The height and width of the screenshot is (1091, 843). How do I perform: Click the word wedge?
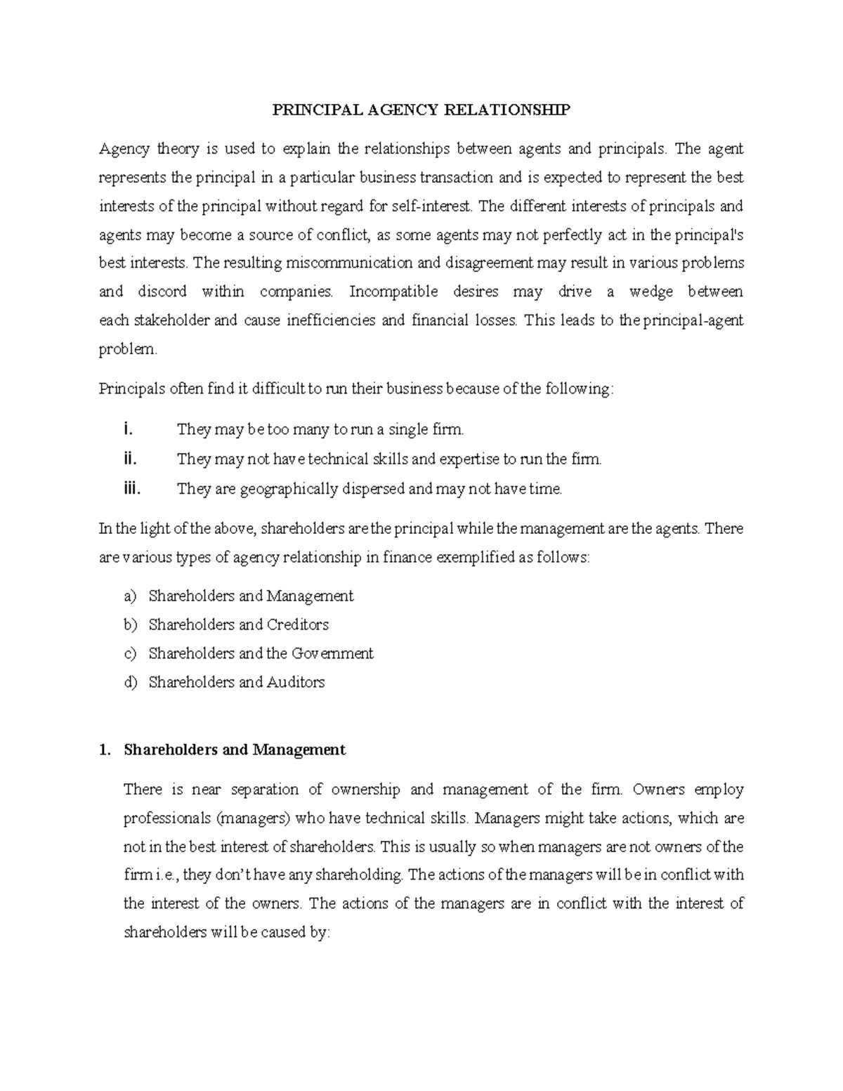point(651,292)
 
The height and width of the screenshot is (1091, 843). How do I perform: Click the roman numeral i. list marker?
point(126,429)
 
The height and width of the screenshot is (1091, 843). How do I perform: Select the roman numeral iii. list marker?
point(131,489)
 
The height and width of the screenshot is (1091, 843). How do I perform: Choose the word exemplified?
point(475,558)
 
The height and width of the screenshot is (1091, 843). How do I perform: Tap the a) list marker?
point(130,596)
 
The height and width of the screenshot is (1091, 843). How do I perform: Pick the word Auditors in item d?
point(296,682)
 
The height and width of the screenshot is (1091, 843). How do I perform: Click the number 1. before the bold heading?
point(105,750)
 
